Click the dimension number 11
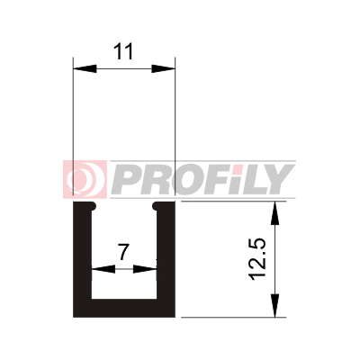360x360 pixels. pyautogui.click(x=123, y=51)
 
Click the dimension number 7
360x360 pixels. pyautogui.click(x=123, y=252)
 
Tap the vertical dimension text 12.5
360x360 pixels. pyautogui.click(x=257, y=259)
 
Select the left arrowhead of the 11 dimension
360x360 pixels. pyautogui.click(x=85, y=68)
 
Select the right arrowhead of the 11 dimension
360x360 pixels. pyautogui.click(x=163, y=68)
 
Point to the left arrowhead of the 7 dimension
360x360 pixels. pyautogui.click(x=103, y=269)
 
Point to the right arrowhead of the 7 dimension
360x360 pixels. pyautogui.click(x=145, y=269)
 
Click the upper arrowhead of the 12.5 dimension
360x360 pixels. pyautogui.click(x=274, y=213)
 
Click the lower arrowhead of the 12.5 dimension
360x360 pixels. pyautogui.click(x=274, y=305)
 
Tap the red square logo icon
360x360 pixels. pyautogui.click(x=85, y=179)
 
